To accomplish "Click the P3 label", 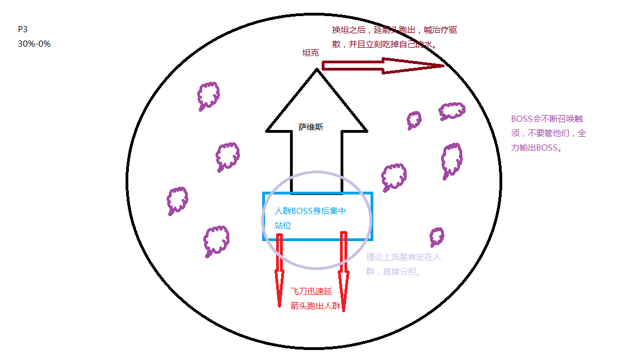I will click(22, 30).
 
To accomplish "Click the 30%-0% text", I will click(34, 43).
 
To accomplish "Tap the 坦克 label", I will click(310, 53).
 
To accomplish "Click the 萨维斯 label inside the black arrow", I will click(311, 127).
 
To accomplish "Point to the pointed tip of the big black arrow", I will click(317, 70).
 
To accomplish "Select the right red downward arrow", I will click(344, 272).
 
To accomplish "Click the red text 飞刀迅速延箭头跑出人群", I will click(316, 298).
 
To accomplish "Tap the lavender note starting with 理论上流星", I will click(403, 264).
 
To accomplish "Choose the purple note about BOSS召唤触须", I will click(548, 133).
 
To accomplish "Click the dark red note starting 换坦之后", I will click(394, 37).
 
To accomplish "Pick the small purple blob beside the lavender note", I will click(437, 236).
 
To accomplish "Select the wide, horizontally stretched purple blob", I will click(452, 111).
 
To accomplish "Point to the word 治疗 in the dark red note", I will click(432, 31).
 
